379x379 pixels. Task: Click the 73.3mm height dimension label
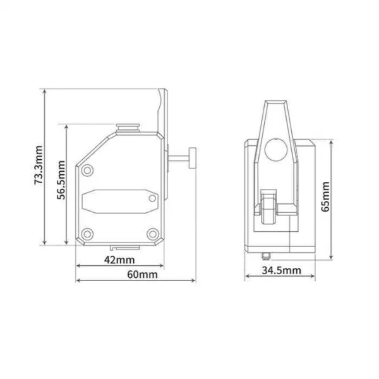pyautogui.click(x=39, y=166)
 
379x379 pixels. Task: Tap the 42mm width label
pyautogui.click(x=119, y=260)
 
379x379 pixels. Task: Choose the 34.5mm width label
pyautogui.click(x=280, y=271)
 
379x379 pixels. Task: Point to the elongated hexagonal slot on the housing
pyautogui.click(x=119, y=202)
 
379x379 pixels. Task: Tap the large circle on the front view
pyautogui.click(x=275, y=149)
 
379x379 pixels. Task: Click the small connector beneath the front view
pyautogui.click(x=266, y=255)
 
